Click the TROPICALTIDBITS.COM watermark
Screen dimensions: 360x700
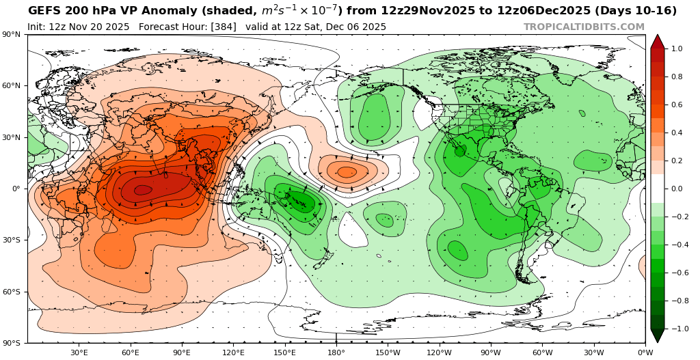[584, 27]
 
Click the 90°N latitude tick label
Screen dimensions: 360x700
[13, 35]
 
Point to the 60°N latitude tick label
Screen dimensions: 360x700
[13, 86]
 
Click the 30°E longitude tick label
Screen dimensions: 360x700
[79, 352]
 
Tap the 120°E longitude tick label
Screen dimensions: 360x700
[233, 352]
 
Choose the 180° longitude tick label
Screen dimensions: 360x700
[336, 352]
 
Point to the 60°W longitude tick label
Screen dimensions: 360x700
[542, 352]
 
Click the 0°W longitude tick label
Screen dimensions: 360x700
[645, 352]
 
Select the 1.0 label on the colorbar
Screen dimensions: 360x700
[677, 49]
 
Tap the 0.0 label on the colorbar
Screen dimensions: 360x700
[677, 189]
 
